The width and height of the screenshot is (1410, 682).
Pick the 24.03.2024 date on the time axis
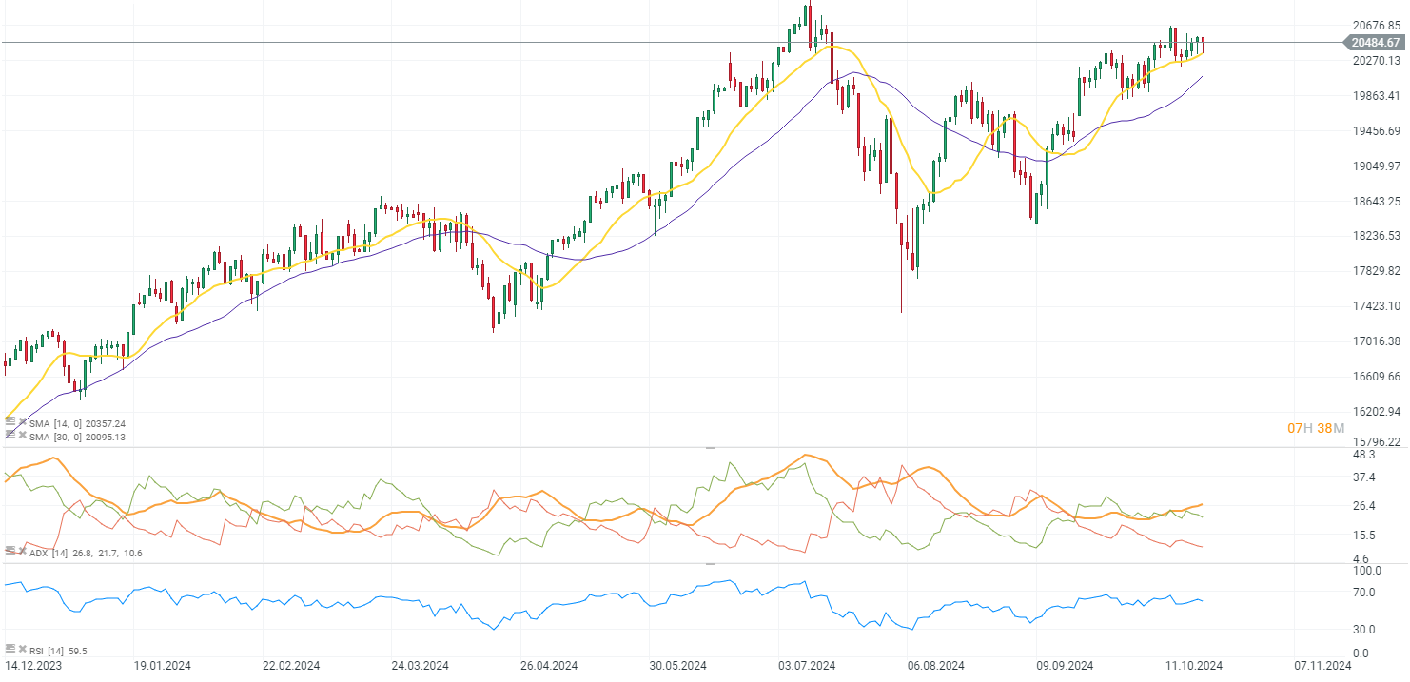(421, 666)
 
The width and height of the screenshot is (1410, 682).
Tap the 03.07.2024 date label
(806, 666)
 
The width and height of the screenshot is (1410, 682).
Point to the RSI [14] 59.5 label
(58, 651)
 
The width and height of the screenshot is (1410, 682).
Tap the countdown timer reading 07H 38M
(1316, 429)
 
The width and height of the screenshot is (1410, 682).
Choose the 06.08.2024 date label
(936, 666)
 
